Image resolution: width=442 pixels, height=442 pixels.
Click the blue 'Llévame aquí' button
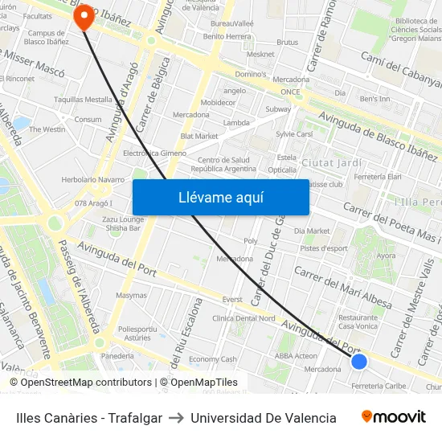point(220,198)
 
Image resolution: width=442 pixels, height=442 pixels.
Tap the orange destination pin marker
point(84,17)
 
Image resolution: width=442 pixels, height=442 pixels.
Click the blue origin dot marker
point(359,362)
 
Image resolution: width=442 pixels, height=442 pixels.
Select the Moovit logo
point(393,417)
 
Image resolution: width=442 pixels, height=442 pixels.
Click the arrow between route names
point(176,418)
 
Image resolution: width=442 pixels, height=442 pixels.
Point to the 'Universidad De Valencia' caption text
point(264,418)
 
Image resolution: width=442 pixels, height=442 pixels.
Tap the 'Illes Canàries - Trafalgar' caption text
point(89,418)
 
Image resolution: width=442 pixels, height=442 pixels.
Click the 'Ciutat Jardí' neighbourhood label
point(332,162)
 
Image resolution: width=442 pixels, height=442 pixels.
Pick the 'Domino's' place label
point(250,74)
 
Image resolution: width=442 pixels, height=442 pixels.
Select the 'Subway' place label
point(278,108)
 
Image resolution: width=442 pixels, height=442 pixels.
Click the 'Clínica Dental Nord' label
point(244,318)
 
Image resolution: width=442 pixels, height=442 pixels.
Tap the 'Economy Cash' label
point(212,359)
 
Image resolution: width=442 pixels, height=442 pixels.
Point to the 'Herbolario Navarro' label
point(93,179)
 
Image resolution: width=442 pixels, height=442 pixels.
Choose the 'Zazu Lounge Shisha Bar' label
point(123,223)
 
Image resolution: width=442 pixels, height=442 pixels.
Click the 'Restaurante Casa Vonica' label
point(358,321)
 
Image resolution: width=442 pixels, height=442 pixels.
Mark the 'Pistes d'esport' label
point(324,248)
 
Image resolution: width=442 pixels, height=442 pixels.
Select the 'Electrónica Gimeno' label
point(154,153)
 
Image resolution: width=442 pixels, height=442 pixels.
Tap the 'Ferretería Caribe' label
point(379,386)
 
